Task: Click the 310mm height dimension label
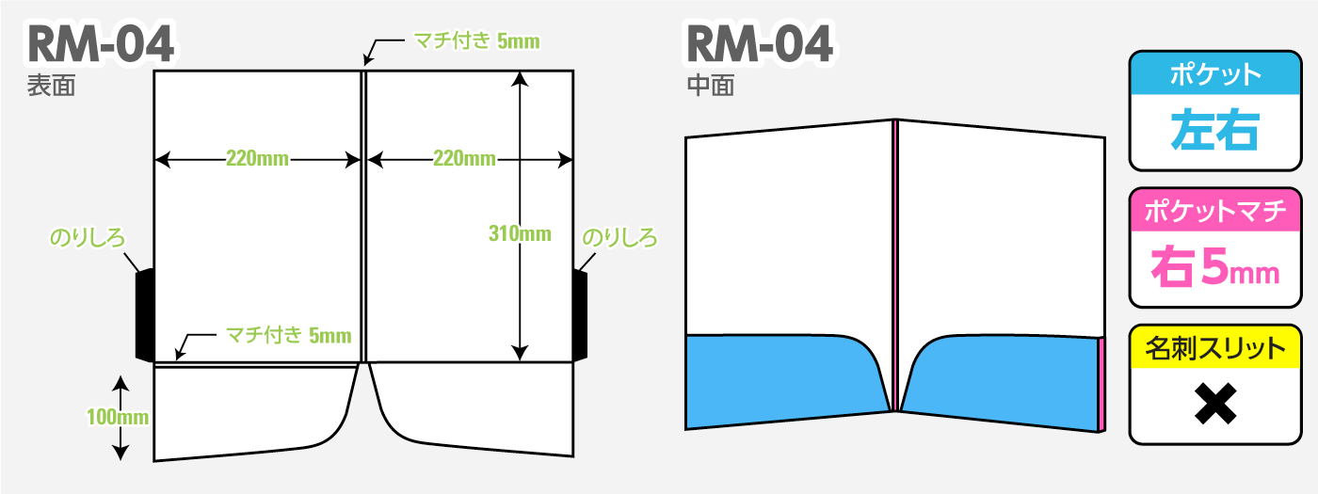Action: tap(520, 233)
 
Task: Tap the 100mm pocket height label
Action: tap(118, 417)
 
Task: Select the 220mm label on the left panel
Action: tap(257, 158)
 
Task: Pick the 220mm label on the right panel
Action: tap(464, 158)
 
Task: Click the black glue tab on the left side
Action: tap(145, 314)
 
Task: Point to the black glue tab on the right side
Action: tap(580, 316)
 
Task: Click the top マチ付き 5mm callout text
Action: tap(476, 40)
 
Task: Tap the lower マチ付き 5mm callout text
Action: tap(289, 335)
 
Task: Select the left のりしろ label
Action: tap(88, 237)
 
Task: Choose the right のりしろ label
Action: tap(619, 237)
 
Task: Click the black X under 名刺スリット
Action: tap(1215, 404)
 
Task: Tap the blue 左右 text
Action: tap(1215, 130)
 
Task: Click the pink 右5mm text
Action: tap(1215, 267)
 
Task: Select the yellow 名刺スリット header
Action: tap(1215, 347)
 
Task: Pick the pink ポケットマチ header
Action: tap(1215, 210)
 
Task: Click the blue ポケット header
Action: tap(1215, 73)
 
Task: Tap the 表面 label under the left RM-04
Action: tap(51, 86)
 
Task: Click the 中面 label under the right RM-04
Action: tap(711, 86)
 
